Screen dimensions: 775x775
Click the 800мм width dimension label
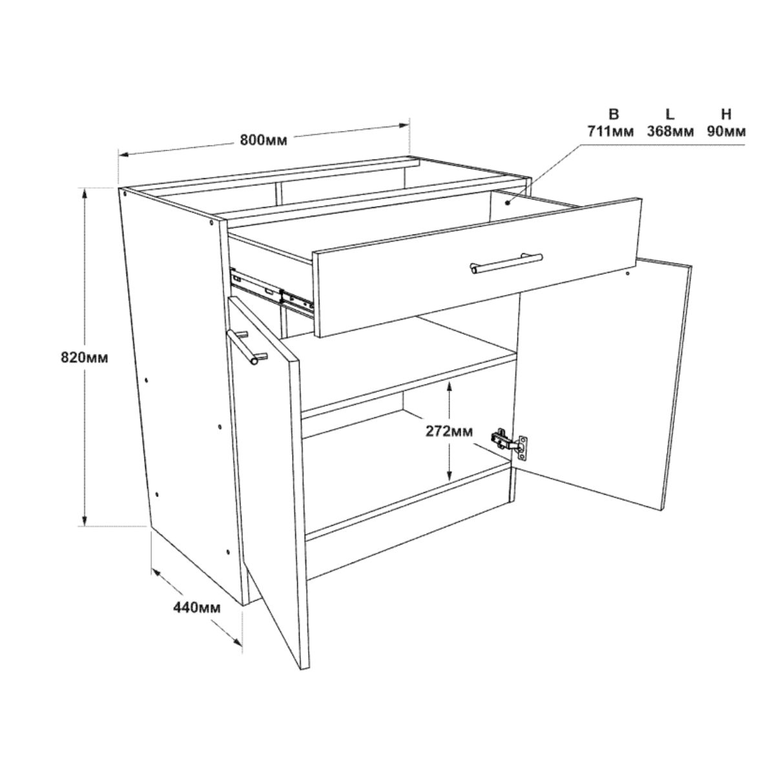[263, 140]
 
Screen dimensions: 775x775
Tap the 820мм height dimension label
[85, 357]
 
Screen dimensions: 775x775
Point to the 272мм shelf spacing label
[449, 431]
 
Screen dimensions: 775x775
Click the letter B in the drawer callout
[614, 114]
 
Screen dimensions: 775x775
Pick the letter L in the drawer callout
[670, 114]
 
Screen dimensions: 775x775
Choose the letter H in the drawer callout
[726, 114]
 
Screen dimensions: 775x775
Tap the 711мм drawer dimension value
[610, 132]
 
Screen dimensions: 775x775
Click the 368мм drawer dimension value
[670, 132]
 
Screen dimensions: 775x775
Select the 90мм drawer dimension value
[727, 132]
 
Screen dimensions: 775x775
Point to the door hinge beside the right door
[509, 444]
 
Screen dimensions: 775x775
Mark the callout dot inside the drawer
[508, 203]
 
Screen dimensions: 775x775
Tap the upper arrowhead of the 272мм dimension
[449, 386]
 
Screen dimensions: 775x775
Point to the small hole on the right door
[628, 274]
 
